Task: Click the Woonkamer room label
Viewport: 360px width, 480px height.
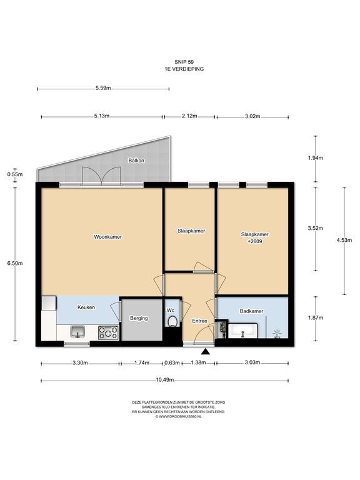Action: point(107,237)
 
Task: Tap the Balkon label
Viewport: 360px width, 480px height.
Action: point(136,161)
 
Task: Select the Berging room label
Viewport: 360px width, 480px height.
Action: point(139,318)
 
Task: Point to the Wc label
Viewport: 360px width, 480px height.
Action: point(171,311)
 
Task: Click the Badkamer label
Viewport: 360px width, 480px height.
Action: point(252,311)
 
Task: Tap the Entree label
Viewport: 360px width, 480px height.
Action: point(199,321)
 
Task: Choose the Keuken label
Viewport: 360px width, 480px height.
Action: point(86,307)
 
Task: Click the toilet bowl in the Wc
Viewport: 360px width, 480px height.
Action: point(172,321)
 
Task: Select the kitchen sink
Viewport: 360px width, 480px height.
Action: point(77,331)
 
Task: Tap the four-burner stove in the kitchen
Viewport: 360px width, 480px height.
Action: point(108,332)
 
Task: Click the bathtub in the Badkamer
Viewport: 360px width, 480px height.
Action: point(243,331)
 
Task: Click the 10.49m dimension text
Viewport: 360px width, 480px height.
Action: point(165,380)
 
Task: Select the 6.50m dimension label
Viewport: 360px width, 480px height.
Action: point(15,263)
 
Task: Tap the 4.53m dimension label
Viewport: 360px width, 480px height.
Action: point(344,240)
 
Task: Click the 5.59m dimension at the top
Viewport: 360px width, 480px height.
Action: point(103,88)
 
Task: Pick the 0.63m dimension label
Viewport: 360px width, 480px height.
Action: point(172,362)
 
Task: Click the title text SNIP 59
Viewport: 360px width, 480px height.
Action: point(184,62)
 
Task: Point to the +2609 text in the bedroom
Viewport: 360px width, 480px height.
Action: point(255,241)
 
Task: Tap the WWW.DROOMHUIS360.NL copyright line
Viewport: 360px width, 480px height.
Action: point(179,417)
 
